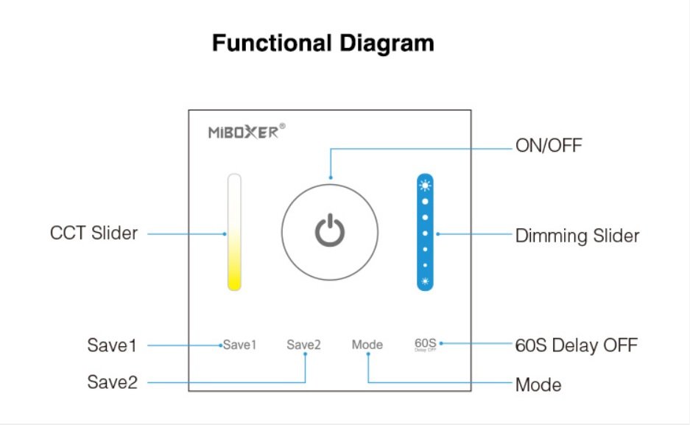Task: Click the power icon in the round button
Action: [330, 230]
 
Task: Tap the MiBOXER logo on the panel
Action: [243, 132]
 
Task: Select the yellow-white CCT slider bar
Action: [235, 232]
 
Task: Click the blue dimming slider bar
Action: [425, 232]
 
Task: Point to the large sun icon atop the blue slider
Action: [425, 186]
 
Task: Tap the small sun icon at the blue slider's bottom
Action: [425, 281]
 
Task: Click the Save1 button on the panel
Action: [240, 345]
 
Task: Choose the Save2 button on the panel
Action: [303, 345]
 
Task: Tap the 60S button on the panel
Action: [426, 345]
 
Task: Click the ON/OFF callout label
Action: [549, 146]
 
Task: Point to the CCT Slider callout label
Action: [94, 233]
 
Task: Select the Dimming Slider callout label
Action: [577, 236]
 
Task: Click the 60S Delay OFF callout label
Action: [577, 345]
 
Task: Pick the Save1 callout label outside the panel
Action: [112, 345]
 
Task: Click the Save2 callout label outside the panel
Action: [112, 382]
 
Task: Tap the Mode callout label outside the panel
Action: [538, 385]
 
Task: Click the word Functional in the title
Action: [272, 43]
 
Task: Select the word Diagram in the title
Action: [387, 44]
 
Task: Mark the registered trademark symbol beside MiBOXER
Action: [283, 126]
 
